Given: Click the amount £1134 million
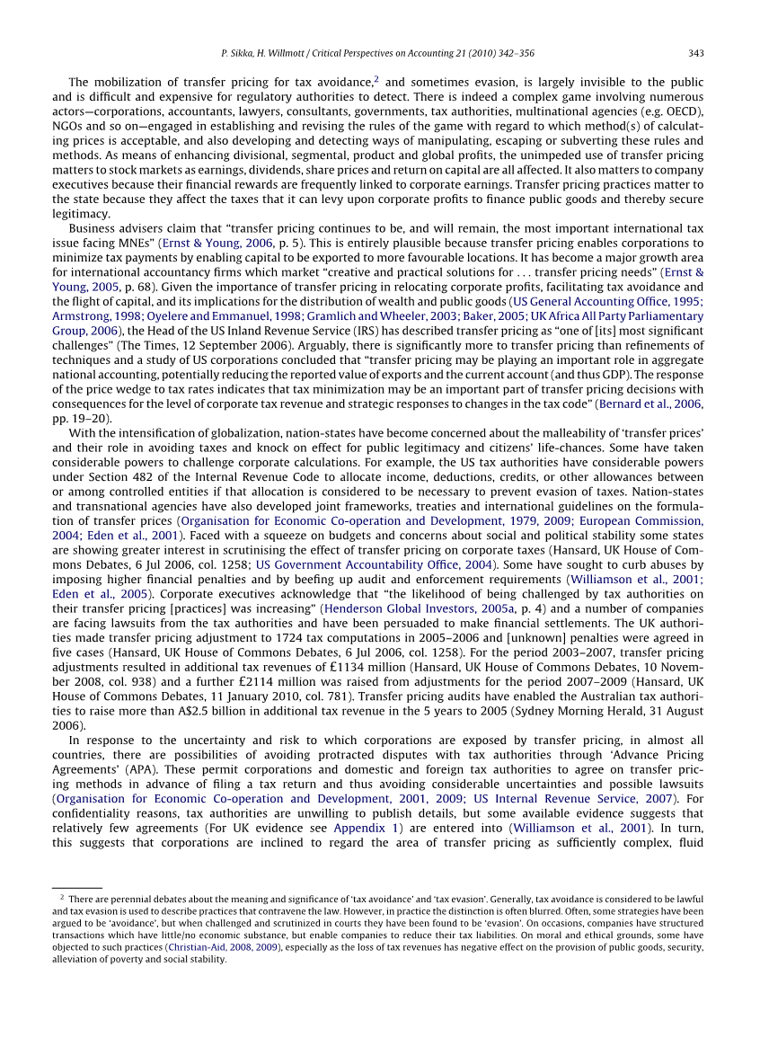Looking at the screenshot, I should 389,666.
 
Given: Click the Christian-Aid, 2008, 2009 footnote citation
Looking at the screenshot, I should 222,947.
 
